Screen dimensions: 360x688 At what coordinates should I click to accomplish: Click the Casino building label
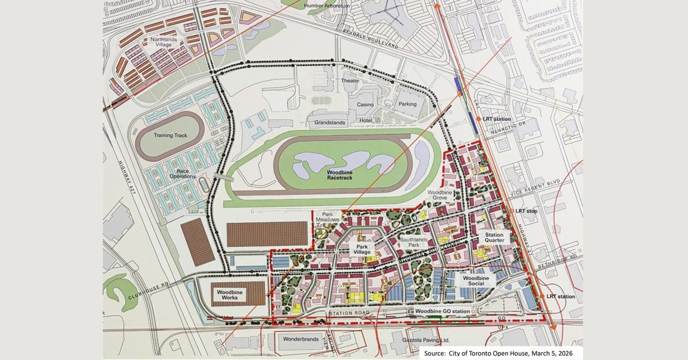[x=365, y=104]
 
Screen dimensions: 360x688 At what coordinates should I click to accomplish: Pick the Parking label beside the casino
[x=408, y=104]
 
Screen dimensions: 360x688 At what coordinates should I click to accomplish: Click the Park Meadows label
[x=331, y=216]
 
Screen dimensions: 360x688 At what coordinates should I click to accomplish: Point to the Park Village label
[x=362, y=249]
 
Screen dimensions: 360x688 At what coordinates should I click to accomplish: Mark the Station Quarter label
[x=494, y=237]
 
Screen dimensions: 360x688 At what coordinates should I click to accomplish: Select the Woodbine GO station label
[x=443, y=311]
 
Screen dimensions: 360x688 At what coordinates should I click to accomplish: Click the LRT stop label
[x=526, y=211]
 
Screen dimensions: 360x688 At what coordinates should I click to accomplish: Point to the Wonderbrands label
[x=299, y=339]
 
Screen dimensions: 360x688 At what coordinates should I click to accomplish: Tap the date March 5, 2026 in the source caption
[x=554, y=353]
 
